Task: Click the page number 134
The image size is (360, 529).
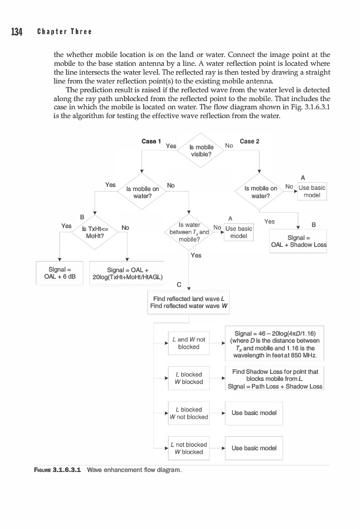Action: coord(15,32)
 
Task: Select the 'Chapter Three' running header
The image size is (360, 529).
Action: coord(65,32)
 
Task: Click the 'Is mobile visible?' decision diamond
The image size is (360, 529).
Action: coord(201,150)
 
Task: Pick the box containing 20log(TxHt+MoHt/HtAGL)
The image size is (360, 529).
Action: coord(127,273)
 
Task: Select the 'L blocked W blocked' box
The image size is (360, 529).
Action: coord(189,378)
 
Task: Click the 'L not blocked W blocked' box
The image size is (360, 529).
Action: coord(189,448)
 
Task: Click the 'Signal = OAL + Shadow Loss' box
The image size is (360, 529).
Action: coord(298,241)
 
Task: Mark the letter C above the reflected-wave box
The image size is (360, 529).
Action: coord(179,284)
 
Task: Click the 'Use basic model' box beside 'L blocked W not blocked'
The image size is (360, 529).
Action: coord(254,413)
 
